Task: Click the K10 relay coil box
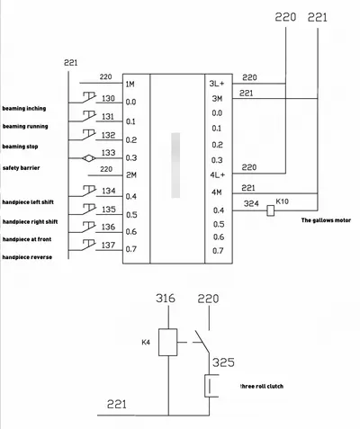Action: coord(270,210)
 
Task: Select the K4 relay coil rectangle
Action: coord(167,342)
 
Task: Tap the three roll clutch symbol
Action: coord(211,386)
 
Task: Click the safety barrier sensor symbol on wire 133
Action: coord(88,158)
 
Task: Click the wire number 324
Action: coord(251,204)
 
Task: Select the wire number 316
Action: coord(166,299)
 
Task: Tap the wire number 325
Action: coord(223,362)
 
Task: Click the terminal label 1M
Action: coord(130,85)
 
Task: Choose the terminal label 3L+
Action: coord(217,84)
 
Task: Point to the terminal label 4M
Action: coord(217,192)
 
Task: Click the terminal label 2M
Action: coord(131,174)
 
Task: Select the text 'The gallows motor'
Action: coord(326,220)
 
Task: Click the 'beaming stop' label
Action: coord(20,147)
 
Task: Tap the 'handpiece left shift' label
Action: coord(28,202)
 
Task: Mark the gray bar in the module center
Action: coord(175,165)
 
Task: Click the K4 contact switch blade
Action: coord(202,342)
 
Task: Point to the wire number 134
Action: coord(109,191)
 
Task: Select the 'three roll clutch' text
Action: coord(262,386)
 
